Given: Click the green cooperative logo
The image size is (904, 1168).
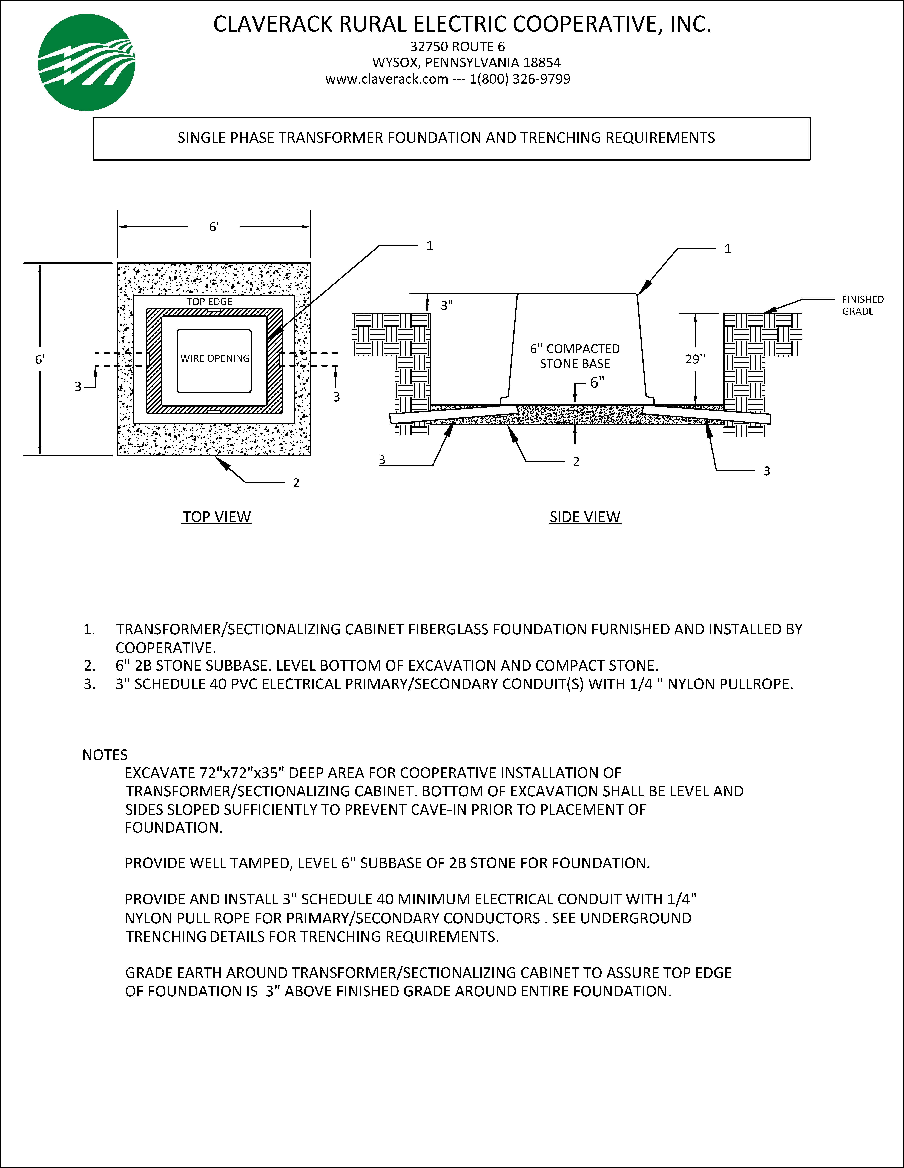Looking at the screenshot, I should coord(87,63).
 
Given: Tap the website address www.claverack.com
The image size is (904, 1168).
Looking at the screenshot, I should coord(386,79).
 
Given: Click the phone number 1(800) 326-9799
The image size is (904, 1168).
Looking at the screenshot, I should coord(520,79).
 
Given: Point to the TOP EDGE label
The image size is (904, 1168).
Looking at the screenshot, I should coord(209,302).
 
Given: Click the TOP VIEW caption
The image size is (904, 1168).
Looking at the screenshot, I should coord(217,517).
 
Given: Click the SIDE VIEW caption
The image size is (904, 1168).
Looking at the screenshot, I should coord(585,517).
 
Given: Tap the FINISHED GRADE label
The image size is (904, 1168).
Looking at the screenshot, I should coord(862,305).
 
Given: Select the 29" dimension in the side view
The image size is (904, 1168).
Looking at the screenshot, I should coord(695,359).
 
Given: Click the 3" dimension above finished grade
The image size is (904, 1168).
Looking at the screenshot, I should coord(446,305).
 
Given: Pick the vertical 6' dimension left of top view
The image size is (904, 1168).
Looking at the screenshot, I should coord(40,359).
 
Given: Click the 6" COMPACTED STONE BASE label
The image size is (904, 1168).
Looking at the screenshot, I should coord(575,356).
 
